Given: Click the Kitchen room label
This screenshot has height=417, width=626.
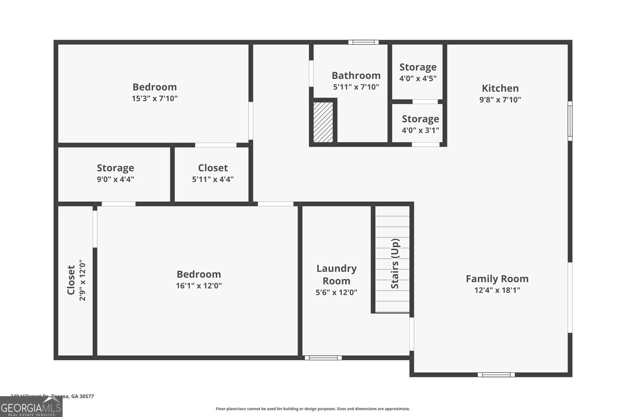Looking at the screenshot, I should click(500, 88).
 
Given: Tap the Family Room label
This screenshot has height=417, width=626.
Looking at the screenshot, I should click(497, 279).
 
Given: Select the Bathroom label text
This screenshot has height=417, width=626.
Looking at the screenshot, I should click(356, 75).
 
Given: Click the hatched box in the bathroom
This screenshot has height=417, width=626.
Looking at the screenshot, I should click(323, 122).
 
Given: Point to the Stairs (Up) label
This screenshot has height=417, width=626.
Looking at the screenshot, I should click(395, 264).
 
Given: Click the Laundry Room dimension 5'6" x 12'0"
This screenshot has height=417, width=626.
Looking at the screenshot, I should click(336, 292).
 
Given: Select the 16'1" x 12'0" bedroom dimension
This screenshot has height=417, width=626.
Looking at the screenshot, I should click(199, 286).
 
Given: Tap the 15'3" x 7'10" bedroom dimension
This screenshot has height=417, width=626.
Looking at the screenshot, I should click(154, 98).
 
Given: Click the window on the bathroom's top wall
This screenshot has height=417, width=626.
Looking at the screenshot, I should click(363, 42).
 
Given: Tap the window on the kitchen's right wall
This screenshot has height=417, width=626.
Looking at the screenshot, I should click(570, 121).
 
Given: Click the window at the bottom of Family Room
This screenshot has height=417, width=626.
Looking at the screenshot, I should click(496, 374).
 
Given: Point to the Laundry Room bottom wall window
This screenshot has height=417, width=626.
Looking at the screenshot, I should click(323, 358).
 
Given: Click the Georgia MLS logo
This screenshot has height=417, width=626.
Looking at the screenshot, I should click(31, 407).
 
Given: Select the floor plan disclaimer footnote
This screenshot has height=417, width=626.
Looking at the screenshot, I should click(313, 409).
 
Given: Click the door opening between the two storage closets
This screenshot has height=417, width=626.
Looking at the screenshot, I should click(425, 101).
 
